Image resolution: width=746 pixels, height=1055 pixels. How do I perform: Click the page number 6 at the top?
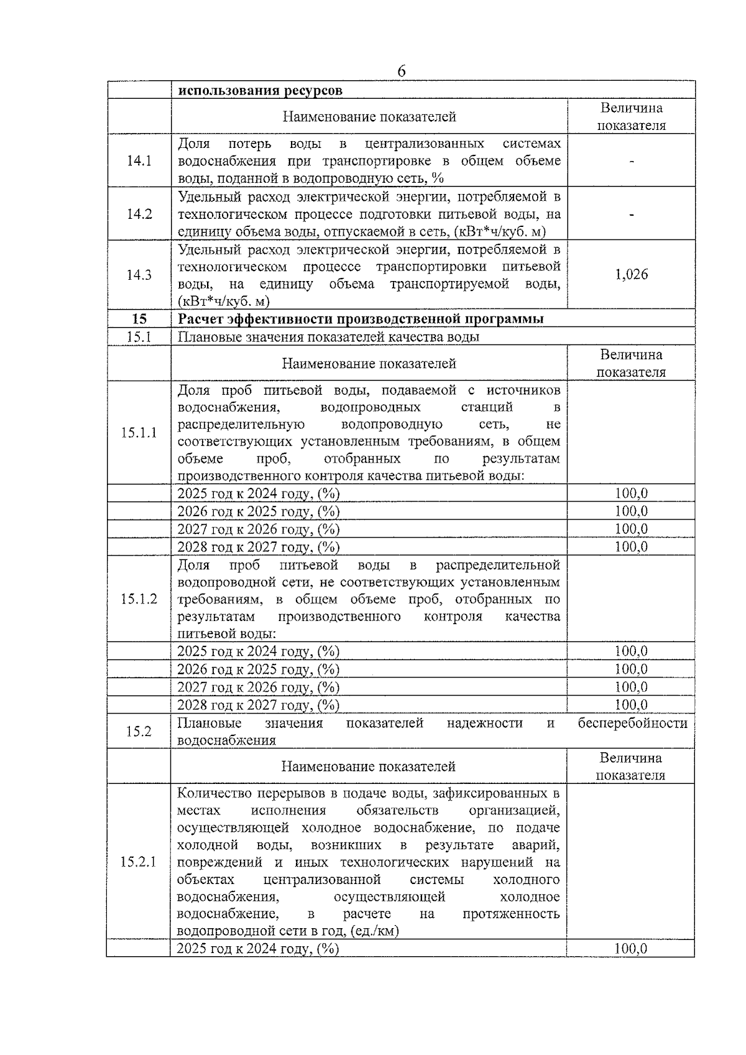[401, 72]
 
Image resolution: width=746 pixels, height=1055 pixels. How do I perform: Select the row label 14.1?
[139, 161]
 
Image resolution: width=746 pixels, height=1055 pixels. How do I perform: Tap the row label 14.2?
[139, 214]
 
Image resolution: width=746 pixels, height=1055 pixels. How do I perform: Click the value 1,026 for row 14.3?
[631, 275]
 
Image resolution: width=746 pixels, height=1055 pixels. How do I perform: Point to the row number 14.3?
[139, 275]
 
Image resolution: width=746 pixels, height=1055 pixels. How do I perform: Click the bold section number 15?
[139, 319]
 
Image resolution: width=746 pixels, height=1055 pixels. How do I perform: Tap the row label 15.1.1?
[139, 433]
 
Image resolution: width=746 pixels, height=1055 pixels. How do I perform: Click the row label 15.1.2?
[139, 599]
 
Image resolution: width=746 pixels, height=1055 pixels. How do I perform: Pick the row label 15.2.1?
[139, 862]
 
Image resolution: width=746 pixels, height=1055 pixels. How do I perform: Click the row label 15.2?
[139, 731]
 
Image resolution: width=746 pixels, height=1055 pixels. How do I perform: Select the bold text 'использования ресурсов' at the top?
[260, 91]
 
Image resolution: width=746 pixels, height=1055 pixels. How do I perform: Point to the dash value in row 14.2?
[631, 214]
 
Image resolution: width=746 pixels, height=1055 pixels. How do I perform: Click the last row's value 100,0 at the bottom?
[630, 949]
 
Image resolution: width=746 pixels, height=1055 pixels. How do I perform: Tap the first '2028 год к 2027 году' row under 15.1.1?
[259, 547]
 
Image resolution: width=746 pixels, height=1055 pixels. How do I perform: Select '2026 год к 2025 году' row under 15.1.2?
[259, 670]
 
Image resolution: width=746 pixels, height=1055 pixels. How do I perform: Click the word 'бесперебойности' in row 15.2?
[632, 723]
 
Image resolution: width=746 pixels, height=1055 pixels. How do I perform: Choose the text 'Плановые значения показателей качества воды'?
[328, 337]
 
